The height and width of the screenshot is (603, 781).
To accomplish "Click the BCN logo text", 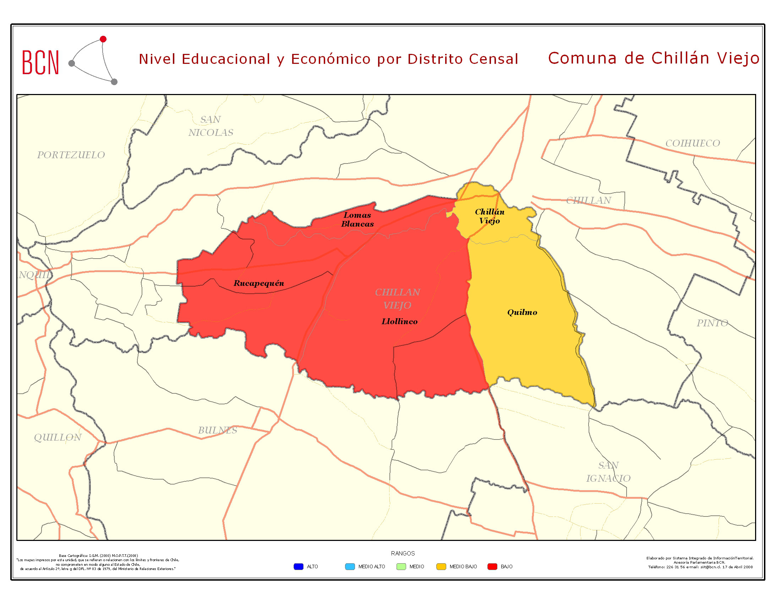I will [x=40, y=62].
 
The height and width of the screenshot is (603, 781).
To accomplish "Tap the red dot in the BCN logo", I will [x=103, y=39].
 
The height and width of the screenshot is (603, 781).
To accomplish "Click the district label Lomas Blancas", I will [x=357, y=219].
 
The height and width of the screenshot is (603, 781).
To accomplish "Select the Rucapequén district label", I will [x=258, y=283].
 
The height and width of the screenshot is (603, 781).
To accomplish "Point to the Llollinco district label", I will [x=399, y=321].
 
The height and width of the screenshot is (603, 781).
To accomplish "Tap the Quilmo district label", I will [x=522, y=312].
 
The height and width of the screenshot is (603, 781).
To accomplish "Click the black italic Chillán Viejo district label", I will [x=490, y=216].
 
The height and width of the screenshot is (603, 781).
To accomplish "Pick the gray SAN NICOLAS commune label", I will [x=211, y=126].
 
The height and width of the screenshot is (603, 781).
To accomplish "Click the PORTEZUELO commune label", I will [x=71, y=155].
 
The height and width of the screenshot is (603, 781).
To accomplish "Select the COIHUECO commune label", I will [x=692, y=143].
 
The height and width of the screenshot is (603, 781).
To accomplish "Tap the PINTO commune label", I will [x=712, y=323].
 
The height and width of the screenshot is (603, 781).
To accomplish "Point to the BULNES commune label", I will [x=217, y=430].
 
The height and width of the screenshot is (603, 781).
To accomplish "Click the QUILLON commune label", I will [x=58, y=437].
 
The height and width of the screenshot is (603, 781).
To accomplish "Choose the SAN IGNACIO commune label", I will [x=608, y=471].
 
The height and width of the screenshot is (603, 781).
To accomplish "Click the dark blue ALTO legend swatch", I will [x=298, y=566].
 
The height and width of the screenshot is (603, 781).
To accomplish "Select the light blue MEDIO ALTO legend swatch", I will [x=350, y=566].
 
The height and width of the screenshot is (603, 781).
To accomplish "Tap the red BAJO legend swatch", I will [x=492, y=566].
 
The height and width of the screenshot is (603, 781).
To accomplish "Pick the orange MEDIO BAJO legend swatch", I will [x=441, y=566].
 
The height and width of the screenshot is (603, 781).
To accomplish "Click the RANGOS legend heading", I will [x=403, y=553].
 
